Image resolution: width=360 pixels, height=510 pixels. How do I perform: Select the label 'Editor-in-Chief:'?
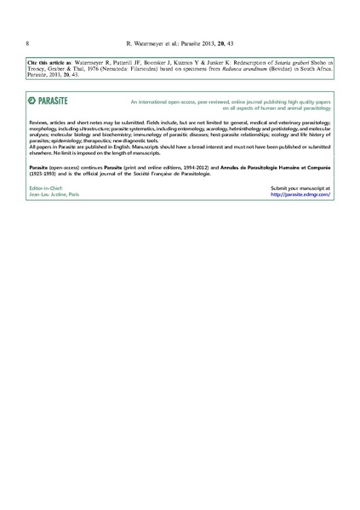(44, 187)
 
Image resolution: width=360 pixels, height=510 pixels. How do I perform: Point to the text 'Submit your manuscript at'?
(300, 187)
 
